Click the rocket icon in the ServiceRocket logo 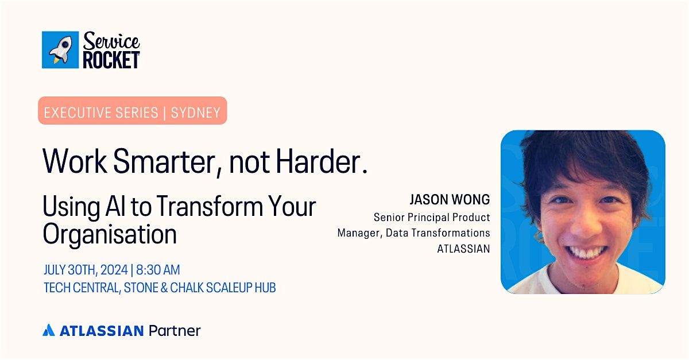(60, 50)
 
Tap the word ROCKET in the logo (111, 59)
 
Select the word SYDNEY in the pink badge (196, 113)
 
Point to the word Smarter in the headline (167, 162)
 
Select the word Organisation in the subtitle (110, 234)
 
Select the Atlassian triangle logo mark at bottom (49, 330)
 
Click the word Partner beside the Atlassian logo (175, 331)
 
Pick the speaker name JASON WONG (450, 200)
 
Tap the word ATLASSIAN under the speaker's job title (463, 249)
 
